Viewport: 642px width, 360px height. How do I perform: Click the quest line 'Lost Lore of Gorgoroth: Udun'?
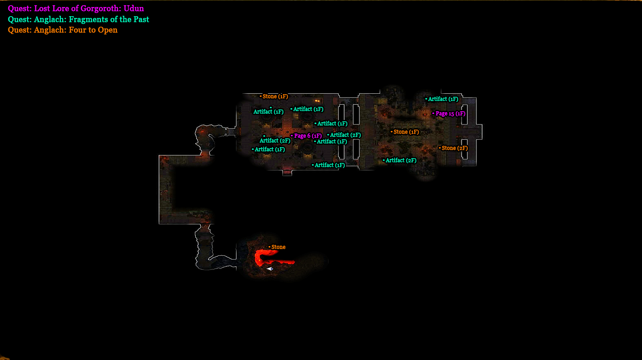pos(76,8)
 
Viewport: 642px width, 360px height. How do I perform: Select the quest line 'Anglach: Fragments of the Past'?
pos(78,19)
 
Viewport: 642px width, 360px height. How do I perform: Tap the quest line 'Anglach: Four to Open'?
pos(63,30)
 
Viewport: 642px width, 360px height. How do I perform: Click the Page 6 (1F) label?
pos(308,136)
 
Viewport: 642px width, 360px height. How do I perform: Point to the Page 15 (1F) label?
pos(450,113)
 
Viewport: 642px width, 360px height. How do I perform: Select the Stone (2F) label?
pos(455,148)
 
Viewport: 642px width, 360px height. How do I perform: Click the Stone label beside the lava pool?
pos(278,247)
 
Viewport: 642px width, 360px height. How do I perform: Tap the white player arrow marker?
pos(270,268)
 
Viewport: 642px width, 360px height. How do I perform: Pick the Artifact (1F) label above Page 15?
pos(443,99)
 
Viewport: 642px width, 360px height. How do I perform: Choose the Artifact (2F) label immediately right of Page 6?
pos(345,135)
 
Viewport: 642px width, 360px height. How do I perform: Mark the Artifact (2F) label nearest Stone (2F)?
pos(401,160)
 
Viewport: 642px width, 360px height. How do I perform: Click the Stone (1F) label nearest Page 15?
pos(406,132)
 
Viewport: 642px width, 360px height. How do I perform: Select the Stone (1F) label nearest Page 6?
pos(275,96)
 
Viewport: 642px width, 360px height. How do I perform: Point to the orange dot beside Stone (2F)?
pos(440,148)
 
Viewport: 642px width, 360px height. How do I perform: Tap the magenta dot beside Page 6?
pos(292,136)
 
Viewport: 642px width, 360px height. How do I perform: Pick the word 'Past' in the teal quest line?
pos(140,19)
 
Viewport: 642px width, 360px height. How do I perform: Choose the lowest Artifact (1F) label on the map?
pos(329,165)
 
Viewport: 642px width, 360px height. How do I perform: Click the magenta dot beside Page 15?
pos(434,113)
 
